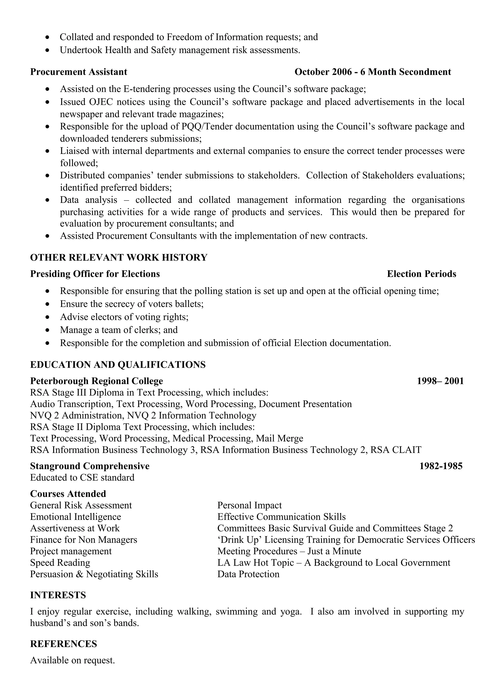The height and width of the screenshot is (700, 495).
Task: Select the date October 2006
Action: pos(323,72)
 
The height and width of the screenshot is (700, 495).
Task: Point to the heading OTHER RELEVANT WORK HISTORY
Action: pos(119,258)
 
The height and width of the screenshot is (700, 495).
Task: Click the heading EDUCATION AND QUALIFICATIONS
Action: pos(118,365)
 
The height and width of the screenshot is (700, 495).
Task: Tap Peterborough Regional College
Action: pos(96,381)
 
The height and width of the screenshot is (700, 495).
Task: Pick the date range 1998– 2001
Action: pos(440,381)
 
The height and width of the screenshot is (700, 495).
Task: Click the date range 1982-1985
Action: pos(441,466)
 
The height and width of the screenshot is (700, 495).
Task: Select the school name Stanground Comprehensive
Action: pos(90,466)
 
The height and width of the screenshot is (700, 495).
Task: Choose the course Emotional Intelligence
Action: pos(75,517)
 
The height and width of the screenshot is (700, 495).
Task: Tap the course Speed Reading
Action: pos(60,563)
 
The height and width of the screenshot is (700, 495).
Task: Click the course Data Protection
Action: pos(248,574)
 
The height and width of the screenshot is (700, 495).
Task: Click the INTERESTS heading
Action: pos(58,595)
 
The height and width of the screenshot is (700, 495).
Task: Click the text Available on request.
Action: pos(72,660)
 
